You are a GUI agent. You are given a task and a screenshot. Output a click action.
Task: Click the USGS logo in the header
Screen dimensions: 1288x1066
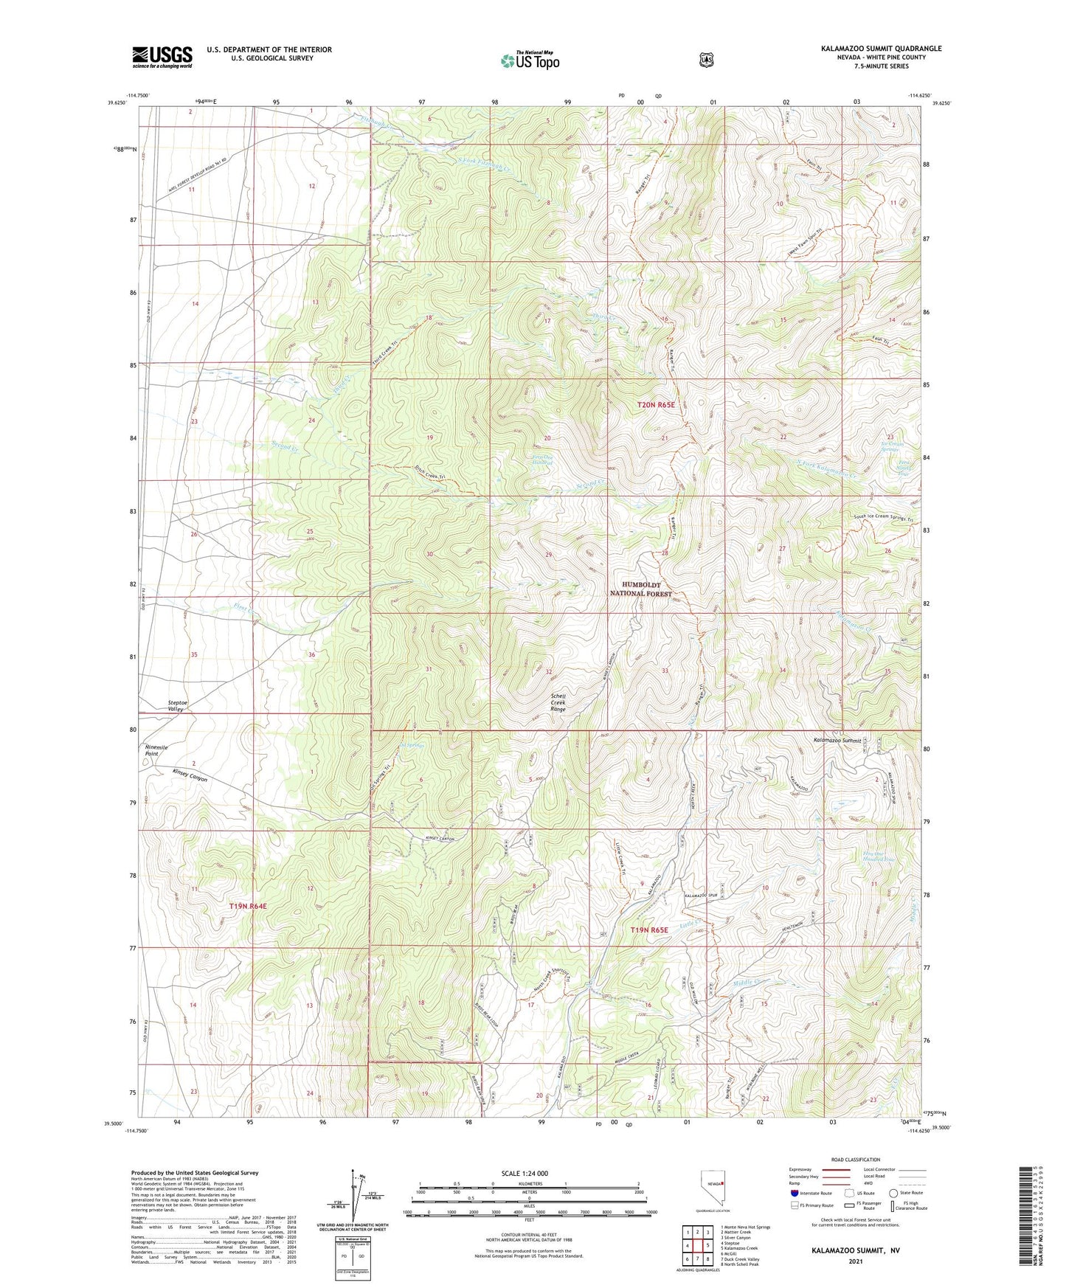point(162,56)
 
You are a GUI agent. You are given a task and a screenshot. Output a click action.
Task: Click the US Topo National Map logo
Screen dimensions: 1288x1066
point(529,60)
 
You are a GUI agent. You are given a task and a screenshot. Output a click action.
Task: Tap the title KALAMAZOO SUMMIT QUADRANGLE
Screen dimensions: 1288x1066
point(881,49)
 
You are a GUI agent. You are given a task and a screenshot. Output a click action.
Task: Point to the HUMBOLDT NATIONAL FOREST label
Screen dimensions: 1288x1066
point(640,589)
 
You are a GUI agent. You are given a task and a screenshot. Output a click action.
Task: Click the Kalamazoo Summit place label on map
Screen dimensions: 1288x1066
point(837,739)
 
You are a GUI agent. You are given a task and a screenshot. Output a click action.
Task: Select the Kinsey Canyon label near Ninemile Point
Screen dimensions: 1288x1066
point(190,775)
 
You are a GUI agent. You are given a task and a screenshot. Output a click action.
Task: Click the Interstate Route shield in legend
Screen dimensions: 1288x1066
point(794,1192)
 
